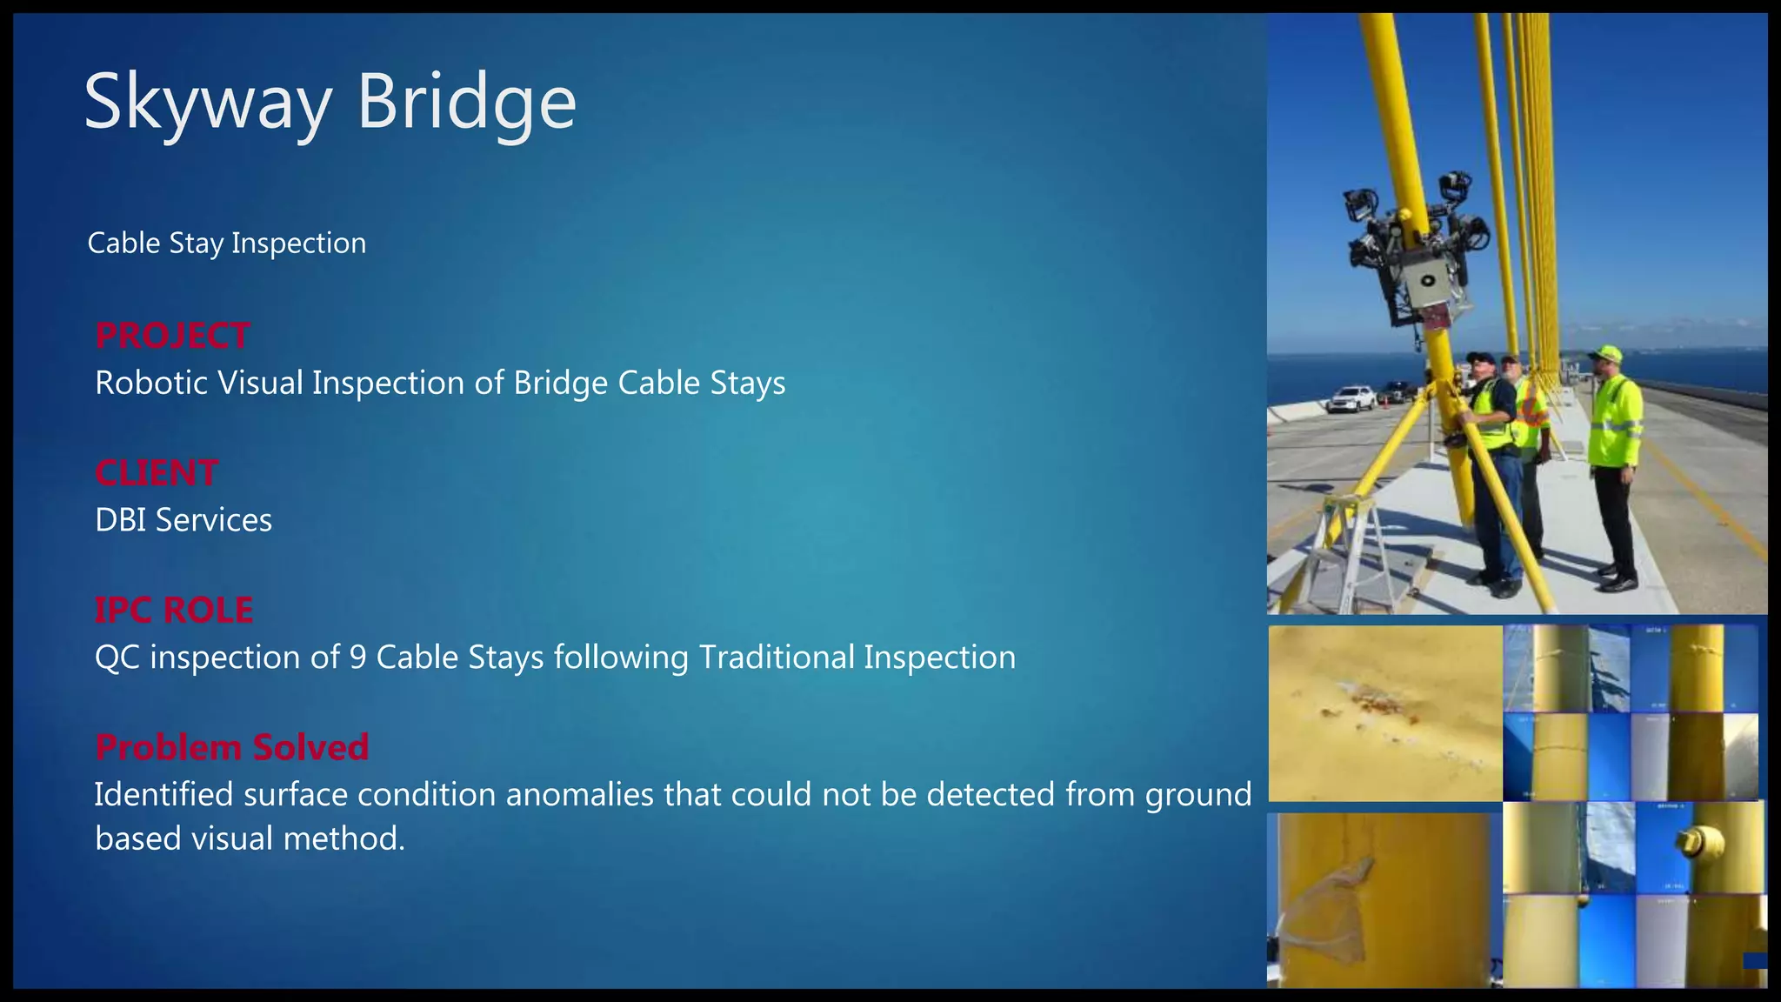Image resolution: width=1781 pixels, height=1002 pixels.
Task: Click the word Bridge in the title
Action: tap(466, 103)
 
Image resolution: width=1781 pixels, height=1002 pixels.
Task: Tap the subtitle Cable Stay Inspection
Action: tap(227, 244)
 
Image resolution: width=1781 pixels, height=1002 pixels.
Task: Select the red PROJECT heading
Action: tap(172, 336)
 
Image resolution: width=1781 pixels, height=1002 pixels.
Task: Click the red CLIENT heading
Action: tap(157, 473)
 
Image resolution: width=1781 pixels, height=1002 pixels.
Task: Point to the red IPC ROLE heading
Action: tap(174, 611)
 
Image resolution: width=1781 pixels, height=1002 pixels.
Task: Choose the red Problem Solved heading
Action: tap(232, 748)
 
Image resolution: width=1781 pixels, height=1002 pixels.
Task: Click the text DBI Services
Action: tap(183, 520)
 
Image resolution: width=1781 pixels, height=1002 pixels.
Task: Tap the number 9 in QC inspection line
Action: tap(357, 658)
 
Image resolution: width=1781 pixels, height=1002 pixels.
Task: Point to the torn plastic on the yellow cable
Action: tap(1326, 905)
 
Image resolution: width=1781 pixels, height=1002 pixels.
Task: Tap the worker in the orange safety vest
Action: tap(1531, 435)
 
